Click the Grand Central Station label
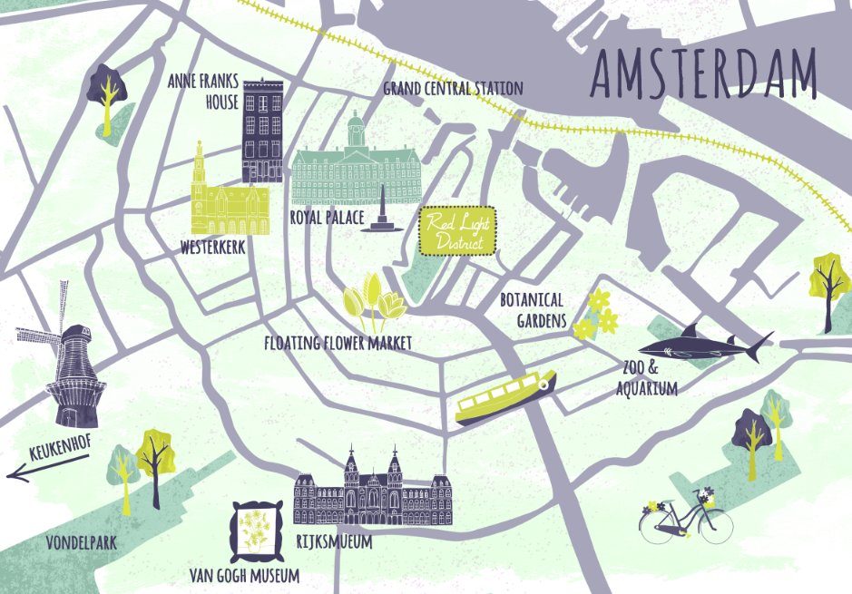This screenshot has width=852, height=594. [x=453, y=88]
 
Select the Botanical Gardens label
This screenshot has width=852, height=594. [x=532, y=309]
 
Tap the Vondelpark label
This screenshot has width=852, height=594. [x=83, y=542]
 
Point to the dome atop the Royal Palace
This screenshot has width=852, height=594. [x=356, y=122]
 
